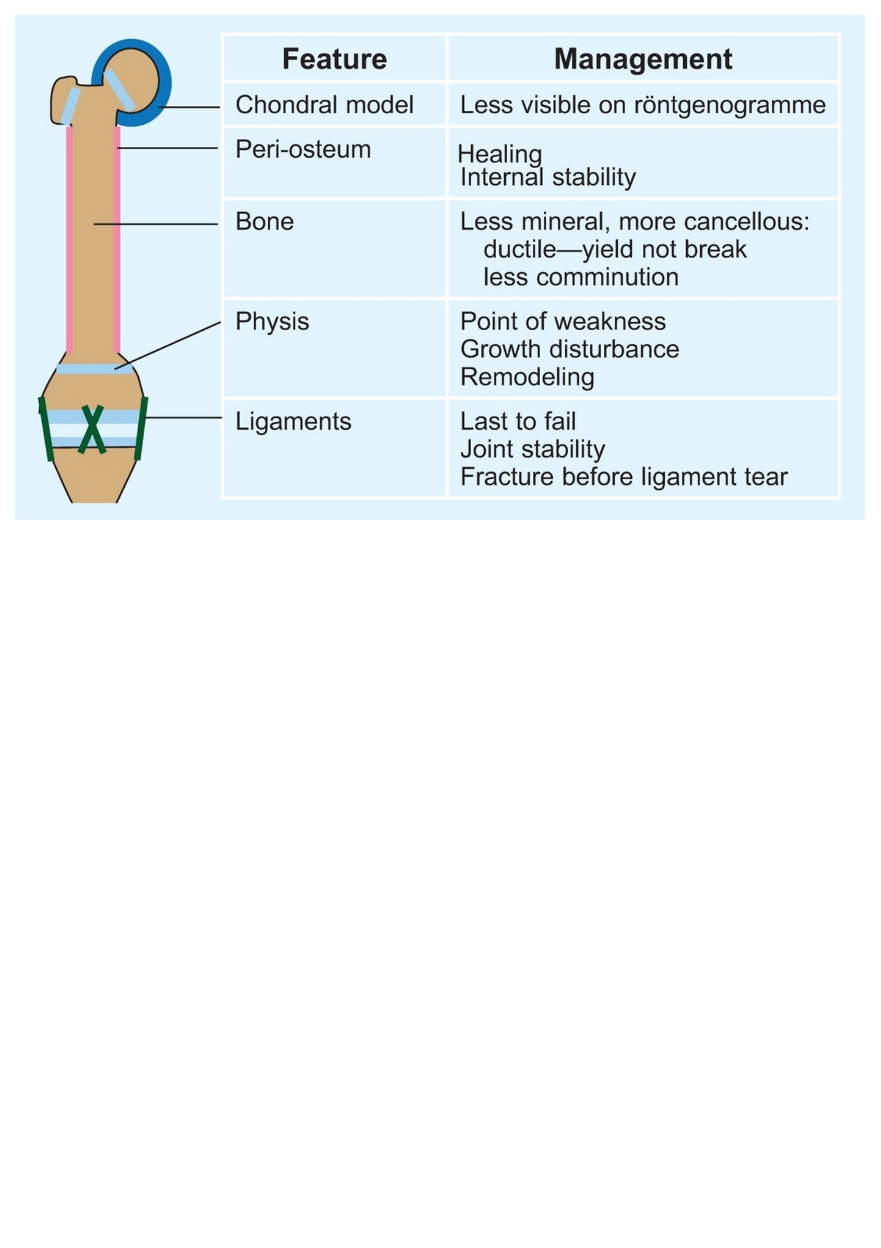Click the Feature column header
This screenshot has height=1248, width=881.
click(x=334, y=59)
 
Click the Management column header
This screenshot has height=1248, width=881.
click(x=643, y=59)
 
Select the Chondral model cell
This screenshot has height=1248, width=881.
click(x=325, y=105)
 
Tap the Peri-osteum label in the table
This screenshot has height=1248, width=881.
click(x=303, y=149)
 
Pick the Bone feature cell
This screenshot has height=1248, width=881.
click(x=265, y=222)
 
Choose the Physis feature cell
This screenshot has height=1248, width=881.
click(x=272, y=321)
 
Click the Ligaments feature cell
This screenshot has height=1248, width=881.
click(x=293, y=421)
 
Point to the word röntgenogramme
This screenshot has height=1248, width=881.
click(x=730, y=105)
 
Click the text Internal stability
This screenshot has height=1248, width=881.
click(x=548, y=177)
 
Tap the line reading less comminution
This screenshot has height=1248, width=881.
click(x=581, y=277)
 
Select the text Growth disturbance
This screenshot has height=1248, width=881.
click(x=569, y=349)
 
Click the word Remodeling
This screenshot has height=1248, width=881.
click(x=527, y=377)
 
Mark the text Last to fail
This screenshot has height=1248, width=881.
click(x=518, y=421)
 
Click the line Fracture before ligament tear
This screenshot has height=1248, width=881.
click(x=623, y=477)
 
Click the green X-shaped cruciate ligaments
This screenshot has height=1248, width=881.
click(x=92, y=429)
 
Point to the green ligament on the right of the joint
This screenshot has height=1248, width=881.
click(x=141, y=428)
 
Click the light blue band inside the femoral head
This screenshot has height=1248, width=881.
click(x=119, y=90)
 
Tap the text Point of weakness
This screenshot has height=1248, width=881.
click(x=563, y=321)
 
